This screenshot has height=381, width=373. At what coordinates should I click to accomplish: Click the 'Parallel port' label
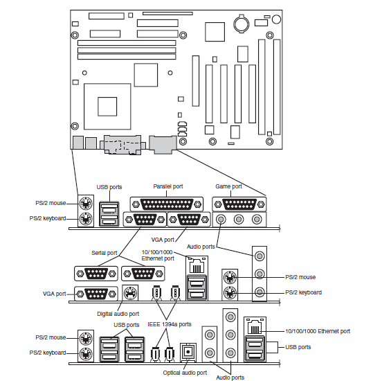click(168, 186)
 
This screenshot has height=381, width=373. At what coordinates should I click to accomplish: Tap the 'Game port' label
click(228, 186)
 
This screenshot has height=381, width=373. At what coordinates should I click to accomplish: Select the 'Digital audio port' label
click(118, 314)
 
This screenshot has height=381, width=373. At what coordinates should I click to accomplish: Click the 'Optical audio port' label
click(185, 373)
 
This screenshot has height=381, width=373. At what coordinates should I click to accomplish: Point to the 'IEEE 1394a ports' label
click(170, 324)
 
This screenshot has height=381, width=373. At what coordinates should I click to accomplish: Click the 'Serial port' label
click(104, 253)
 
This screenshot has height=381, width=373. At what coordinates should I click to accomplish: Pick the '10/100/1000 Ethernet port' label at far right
click(318, 331)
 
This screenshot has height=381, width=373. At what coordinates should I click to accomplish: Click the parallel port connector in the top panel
click(167, 204)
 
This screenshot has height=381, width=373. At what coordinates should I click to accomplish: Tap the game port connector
click(239, 204)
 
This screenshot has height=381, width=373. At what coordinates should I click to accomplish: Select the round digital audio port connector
click(130, 293)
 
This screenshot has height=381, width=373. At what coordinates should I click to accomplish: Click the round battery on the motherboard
click(242, 24)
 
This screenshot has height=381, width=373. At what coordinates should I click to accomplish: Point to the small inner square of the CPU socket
click(107, 107)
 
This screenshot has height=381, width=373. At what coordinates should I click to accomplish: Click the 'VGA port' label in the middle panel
click(55, 294)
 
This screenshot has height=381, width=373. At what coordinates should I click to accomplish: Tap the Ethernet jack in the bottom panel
click(255, 326)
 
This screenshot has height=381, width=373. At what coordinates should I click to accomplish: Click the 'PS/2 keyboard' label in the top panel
click(48, 218)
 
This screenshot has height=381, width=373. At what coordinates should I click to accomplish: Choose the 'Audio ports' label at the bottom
click(230, 378)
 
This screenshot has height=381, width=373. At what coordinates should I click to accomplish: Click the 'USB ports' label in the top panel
click(109, 187)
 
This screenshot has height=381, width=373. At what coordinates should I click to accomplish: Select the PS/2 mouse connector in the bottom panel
click(86, 338)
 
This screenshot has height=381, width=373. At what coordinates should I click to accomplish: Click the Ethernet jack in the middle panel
click(197, 265)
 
